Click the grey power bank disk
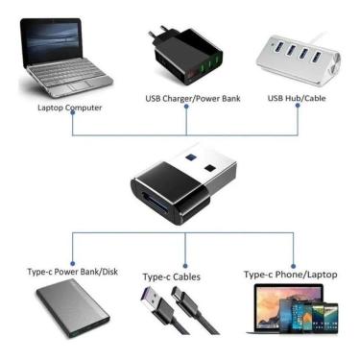67,313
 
